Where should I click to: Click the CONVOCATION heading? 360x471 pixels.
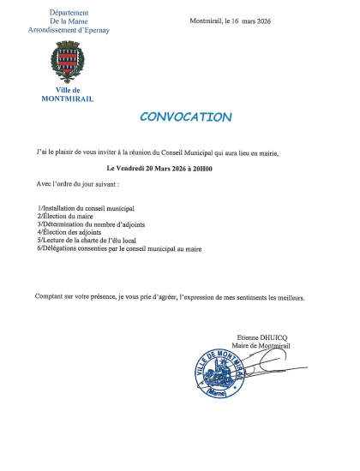coord(185,117)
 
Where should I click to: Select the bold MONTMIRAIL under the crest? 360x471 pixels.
coord(68,98)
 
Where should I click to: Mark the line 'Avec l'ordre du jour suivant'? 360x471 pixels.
coord(79,185)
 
